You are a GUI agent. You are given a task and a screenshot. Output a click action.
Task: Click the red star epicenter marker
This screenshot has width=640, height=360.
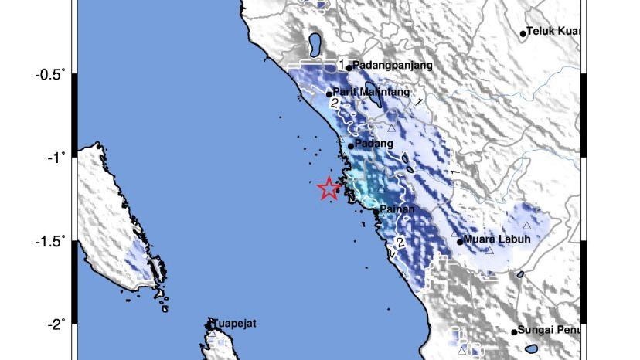point(329,188)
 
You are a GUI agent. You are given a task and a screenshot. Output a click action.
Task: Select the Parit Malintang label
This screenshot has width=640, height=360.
point(371,92)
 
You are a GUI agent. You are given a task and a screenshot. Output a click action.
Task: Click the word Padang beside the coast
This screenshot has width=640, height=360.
point(374,144)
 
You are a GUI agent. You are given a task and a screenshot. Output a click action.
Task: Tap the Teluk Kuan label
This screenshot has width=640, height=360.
point(553,32)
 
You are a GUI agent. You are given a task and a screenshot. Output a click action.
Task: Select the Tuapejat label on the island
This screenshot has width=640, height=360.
point(236,324)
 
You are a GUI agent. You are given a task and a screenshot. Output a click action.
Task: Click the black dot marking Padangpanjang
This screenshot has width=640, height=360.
point(349,67)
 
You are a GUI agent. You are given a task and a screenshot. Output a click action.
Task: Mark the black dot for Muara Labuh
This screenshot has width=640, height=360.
point(460,242)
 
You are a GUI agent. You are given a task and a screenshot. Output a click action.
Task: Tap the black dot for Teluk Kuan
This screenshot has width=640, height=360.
point(523,33)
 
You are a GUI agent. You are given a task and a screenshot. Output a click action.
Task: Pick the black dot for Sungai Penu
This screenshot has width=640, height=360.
point(514,332)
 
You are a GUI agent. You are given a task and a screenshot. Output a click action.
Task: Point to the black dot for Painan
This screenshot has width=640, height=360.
point(376,211)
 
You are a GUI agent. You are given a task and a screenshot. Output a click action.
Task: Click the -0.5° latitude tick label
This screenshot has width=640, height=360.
point(50,74)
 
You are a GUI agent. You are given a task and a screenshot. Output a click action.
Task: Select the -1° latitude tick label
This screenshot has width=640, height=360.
point(56,158)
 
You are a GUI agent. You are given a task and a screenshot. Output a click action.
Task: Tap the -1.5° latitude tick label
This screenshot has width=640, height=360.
point(50,241)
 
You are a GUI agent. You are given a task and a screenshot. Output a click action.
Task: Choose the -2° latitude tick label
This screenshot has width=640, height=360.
point(56,324)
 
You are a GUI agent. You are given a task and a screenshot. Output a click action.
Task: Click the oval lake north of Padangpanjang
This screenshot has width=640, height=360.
point(315,44)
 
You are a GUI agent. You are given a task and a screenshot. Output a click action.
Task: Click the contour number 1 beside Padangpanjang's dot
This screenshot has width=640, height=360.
point(341,64)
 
